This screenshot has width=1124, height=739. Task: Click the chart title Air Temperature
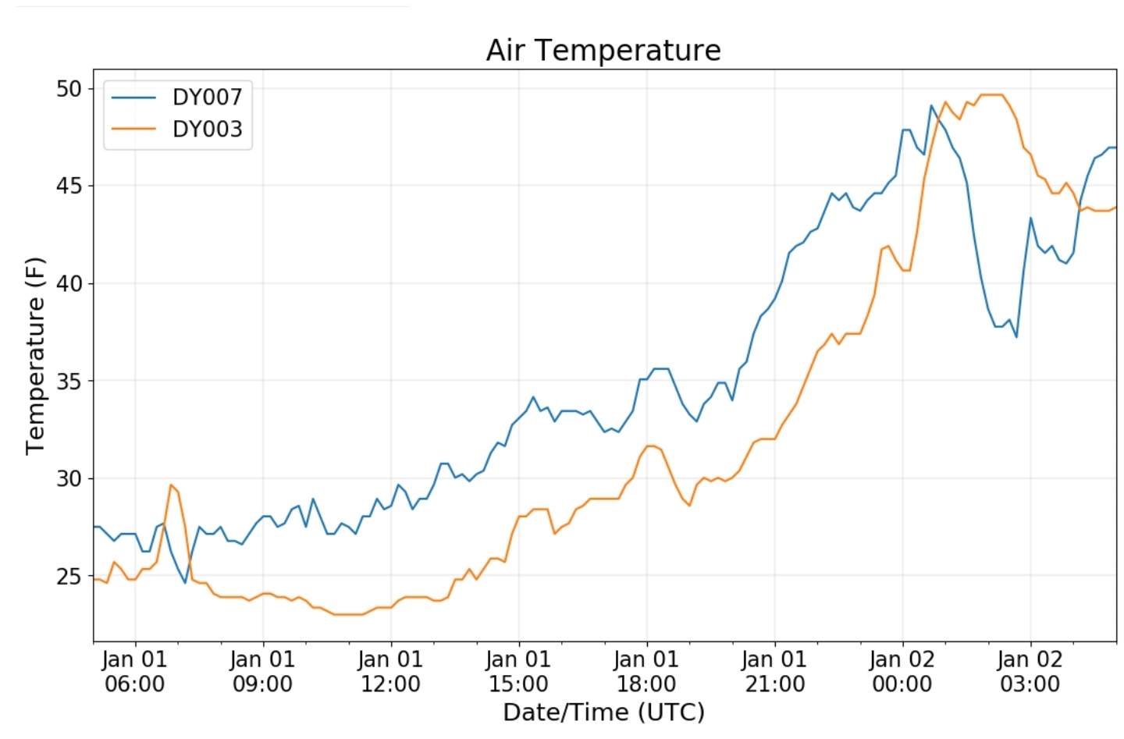603,50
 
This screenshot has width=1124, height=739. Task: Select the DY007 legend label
208,97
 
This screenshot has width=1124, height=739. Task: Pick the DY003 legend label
208,129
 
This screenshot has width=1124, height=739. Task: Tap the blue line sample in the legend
133,98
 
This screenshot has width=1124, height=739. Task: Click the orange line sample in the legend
133,129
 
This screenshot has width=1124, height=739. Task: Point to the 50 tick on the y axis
68,89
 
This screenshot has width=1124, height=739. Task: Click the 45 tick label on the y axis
68,187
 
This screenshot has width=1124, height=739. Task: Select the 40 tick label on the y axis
68,283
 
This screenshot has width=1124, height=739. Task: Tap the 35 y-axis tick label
68,381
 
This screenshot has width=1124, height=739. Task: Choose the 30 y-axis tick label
68,478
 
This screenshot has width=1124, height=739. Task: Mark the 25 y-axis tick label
68,577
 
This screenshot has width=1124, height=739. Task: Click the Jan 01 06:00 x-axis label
134,671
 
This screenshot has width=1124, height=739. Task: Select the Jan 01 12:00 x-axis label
390,671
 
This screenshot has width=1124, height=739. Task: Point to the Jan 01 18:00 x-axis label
646,671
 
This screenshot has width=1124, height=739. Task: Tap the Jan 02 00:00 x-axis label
902,671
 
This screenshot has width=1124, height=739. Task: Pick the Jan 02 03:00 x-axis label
1030,671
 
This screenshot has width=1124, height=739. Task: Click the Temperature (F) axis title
35,356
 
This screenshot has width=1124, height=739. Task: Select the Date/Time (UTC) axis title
603,712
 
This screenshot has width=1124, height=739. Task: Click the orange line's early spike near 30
171,485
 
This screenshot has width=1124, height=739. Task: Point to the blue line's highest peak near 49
931,105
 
